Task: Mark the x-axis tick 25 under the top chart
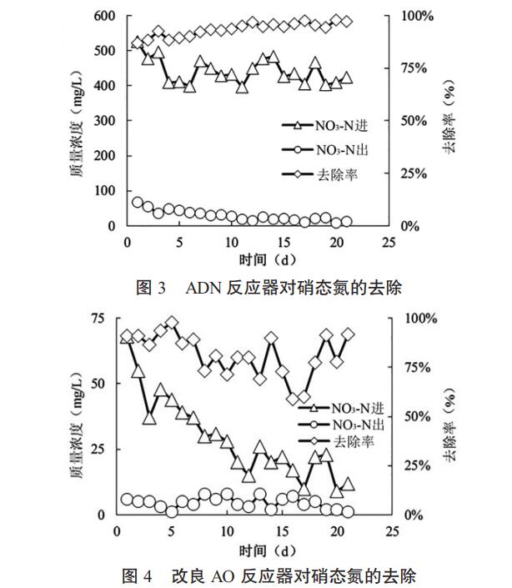(x=389, y=242)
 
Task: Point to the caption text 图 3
(x=151, y=289)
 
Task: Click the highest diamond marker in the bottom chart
(x=172, y=323)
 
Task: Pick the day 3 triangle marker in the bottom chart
(x=149, y=417)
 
